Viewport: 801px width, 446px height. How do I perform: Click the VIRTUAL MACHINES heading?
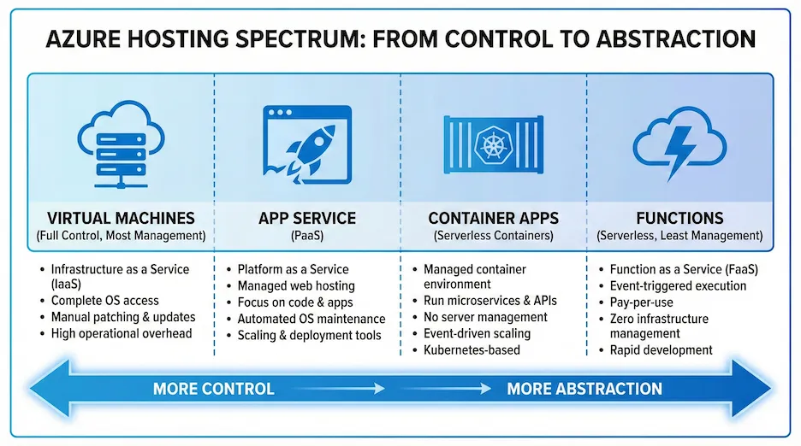(121, 218)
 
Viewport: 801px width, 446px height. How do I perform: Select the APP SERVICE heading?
(307, 218)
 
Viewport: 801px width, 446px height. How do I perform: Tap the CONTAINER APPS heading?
(494, 218)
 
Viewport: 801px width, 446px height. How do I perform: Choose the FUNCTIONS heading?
(680, 218)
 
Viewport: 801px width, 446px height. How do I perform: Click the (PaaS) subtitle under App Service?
(307, 235)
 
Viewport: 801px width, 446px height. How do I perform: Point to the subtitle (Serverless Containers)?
(494, 235)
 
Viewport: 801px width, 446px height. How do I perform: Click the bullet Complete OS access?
(104, 301)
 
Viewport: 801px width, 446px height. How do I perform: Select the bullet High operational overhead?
(121, 333)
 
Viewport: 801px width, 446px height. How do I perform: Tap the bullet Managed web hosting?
(295, 285)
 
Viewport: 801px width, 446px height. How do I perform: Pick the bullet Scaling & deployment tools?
(309, 335)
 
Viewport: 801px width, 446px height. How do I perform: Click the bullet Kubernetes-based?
(471, 350)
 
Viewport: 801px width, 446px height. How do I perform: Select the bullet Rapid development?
(661, 349)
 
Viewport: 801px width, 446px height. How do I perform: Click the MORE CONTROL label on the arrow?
(213, 389)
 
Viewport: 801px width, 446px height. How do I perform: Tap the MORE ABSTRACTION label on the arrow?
(584, 389)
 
